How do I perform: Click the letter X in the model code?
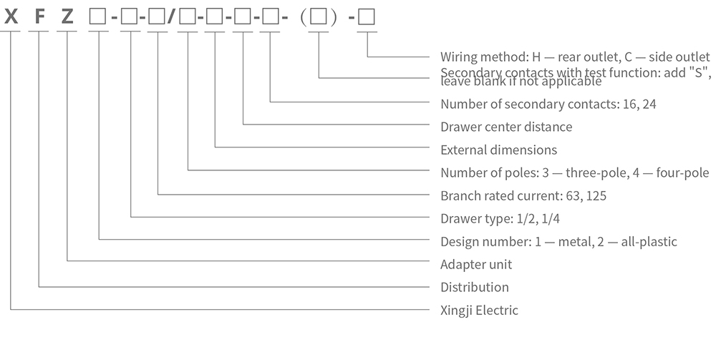11,15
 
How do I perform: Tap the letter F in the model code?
39,15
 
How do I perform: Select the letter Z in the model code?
67,15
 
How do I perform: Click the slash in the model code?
171,15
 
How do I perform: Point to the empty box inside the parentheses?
319,15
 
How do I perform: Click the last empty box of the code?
367,15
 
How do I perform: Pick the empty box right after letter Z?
98,15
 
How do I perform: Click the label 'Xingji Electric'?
479,311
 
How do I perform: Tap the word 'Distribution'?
475,287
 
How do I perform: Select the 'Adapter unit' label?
476,264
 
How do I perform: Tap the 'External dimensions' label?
498,150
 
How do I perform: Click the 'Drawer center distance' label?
506,127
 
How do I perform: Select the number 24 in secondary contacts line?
649,104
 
